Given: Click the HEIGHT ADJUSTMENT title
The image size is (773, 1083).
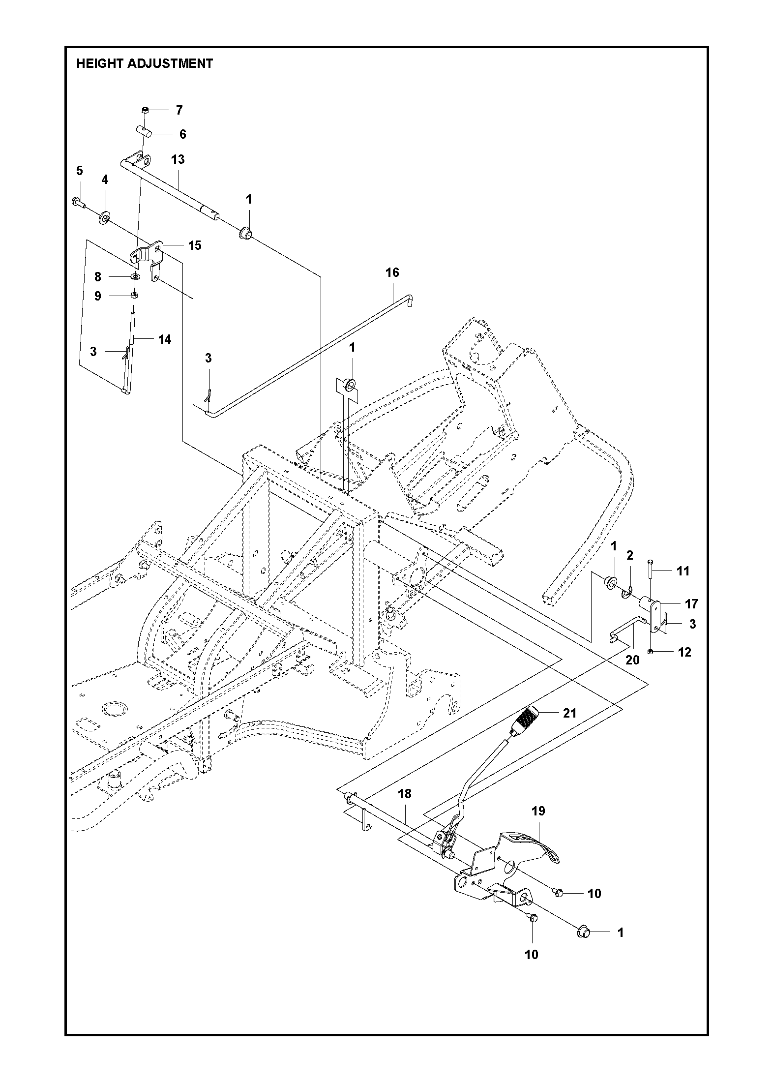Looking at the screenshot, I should coord(145,63).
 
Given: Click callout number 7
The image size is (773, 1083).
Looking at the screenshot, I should coord(179,110).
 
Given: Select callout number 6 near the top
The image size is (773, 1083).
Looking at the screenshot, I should coord(182,134).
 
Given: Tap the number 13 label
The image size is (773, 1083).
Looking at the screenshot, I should coord(178,159).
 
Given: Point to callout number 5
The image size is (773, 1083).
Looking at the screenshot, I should coord(80,171).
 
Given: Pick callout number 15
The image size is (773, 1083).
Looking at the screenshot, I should coord(195,245).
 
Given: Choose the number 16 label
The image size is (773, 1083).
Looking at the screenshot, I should coord(392,272).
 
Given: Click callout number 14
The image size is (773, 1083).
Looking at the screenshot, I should coord(164,339).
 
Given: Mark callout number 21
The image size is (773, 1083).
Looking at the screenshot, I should coord(569,713).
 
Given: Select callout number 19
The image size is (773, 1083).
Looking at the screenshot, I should coord(538,811).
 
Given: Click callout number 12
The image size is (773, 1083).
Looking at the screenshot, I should coord(684,652).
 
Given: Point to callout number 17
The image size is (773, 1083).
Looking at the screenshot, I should coord(691,604).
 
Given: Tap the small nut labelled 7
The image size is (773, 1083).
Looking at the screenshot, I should coord(145,110).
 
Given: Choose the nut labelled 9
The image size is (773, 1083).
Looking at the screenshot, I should coord(133,295).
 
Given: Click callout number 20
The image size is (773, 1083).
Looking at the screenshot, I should coord(632,660).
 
